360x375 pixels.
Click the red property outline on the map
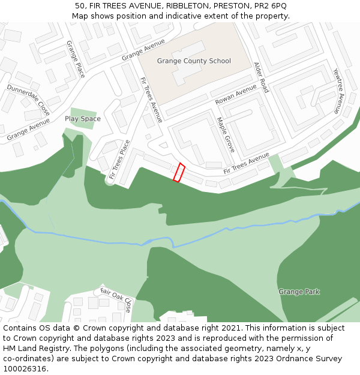point(179,172)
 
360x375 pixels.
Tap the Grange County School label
point(194,61)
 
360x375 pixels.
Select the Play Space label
point(83,119)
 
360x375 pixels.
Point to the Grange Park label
point(299,292)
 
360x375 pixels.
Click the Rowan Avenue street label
point(236,94)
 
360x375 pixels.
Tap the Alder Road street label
point(261,77)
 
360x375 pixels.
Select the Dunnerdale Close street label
point(28,100)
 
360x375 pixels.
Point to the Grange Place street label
point(76,59)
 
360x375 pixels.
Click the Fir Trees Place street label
point(119,160)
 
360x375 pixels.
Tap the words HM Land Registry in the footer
point(31,348)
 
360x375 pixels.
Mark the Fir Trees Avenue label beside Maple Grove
point(246,163)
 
